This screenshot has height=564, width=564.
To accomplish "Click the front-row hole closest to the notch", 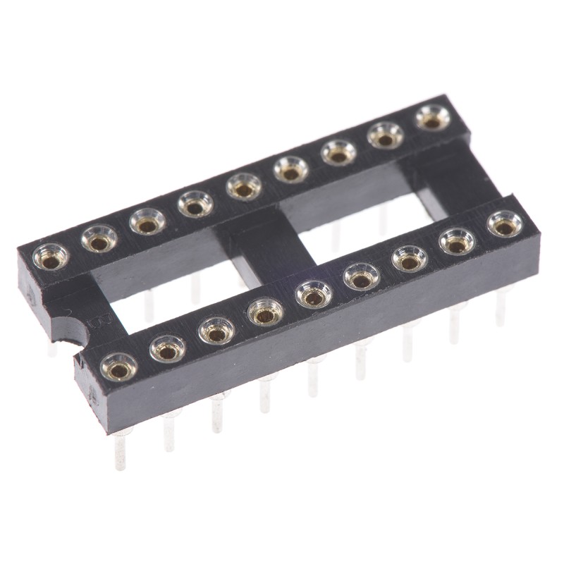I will [118, 366].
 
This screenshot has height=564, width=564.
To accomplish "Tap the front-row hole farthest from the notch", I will [505, 225].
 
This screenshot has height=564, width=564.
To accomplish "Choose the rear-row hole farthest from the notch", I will [432, 118].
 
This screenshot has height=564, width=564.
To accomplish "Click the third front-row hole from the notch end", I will [216, 330].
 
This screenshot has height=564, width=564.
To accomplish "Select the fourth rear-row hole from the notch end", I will [195, 204].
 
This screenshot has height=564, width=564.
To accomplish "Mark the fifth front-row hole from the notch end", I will [313, 293].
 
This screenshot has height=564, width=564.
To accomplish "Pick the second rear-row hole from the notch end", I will [99, 240].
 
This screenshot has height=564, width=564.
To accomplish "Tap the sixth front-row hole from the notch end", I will [362, 276].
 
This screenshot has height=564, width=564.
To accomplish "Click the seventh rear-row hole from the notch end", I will [339, 152].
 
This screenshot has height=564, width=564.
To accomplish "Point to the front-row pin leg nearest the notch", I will [121, 448].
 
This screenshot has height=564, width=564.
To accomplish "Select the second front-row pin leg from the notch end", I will [169, 430].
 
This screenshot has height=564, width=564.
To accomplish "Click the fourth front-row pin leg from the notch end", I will [264, 395].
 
